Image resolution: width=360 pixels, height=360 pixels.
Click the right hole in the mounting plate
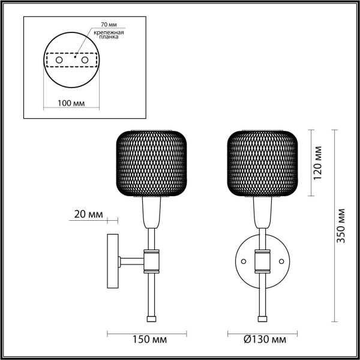(x=85, y=61)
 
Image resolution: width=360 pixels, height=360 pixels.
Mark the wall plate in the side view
(x=112, y=261)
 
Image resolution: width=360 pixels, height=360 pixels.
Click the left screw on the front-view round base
(x=244, y=262)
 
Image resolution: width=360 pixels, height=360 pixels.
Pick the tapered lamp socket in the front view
(x=262, y=214)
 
